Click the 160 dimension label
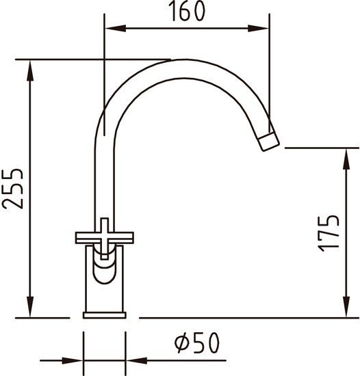[x=188, y=11]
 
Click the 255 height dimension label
[x=12, y=189]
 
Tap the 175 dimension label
[x=329, y=233]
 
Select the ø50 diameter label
[x=197, y=343]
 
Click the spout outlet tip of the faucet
[x=269, y=142]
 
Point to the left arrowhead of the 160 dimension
[x=116, y=28]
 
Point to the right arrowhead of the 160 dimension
[x=259, y=28]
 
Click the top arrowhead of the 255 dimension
[x=30, y=70]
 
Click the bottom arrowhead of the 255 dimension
[x=30, y=307]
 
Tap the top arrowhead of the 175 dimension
[x=346, y=159]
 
